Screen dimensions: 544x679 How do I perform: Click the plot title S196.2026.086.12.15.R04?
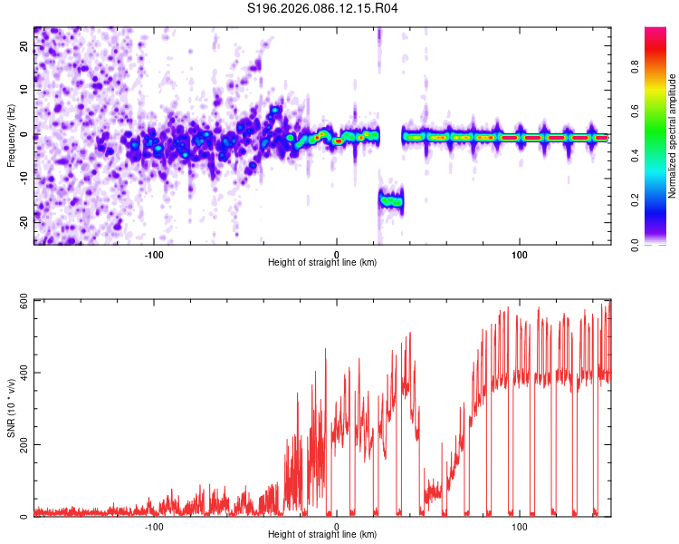click(323, 9)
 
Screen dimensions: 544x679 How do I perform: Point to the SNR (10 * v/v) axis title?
click(11, 408)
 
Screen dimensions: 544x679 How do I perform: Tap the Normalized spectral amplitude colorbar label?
click(673, 136)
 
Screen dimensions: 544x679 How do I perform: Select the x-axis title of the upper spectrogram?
click(322, 262)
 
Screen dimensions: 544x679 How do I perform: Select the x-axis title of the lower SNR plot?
click(322, 534)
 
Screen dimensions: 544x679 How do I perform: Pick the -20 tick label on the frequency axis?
click(24, 221)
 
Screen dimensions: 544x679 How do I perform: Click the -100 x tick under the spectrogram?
click(153, 254)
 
